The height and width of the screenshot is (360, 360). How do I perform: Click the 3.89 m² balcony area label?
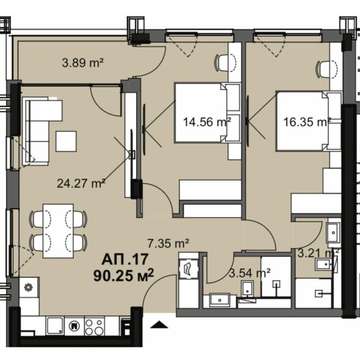[x=83, y=62]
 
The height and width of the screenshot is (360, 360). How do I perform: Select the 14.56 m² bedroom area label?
[x=207, y=122]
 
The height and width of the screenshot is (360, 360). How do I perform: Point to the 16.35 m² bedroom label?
[x=307, y=122]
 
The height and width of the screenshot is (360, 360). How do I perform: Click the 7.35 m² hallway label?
[x=169, y=244]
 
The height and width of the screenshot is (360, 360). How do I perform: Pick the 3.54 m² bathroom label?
[x=250, y=273]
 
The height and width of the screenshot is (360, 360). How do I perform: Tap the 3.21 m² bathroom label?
[x=318, y=253]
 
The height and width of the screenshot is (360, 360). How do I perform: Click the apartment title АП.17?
[x=125, y=259]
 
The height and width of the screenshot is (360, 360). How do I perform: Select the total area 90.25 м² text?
[x=123, y=275]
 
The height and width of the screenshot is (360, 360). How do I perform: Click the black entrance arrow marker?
[x=159, y=325]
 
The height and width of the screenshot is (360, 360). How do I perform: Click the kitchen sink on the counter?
[x=55, y=326]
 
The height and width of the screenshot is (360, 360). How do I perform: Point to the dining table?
[x=58, y=231]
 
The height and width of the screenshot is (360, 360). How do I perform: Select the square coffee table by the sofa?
[x=66, y=141]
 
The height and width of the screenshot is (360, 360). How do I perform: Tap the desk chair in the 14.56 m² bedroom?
[x=225, y=62]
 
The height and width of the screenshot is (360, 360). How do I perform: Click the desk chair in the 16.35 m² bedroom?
[x=327, y=69]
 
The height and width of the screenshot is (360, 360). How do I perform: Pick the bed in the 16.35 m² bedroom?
[x=309, y=121]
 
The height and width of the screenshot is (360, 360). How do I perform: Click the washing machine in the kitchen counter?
[x=74, y=326]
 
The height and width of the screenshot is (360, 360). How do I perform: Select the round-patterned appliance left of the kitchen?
[x=29, y=287]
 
